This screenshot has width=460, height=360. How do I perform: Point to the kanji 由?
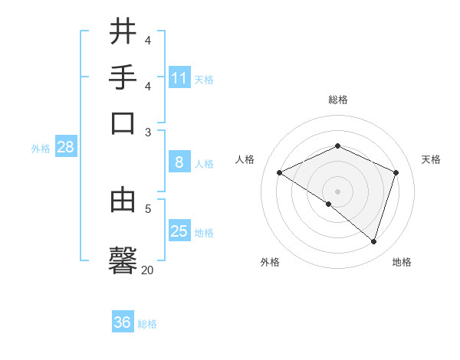click(x=123, y=200)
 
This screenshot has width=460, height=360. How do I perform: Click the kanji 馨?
click(x=123, y=258)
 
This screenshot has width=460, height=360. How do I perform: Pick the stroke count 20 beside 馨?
click(x=147, y=270)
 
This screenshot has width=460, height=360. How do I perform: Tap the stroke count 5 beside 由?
click(x=148, y=208)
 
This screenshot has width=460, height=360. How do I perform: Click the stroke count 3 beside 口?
click(x=148, y=132)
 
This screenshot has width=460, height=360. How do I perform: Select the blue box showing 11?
click(x=179, y=78)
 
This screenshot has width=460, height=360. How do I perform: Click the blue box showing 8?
click(x=179, y=162)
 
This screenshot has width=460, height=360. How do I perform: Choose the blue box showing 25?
click(x=179, y=231)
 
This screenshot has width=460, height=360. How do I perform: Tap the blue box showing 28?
click(x=65, y=148)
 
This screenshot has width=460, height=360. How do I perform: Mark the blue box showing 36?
click(x=123, y=322)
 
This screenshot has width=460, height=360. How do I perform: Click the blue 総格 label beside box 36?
click(x=147, y=324)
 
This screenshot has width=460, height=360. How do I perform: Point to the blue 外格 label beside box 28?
click(x=41, y=149)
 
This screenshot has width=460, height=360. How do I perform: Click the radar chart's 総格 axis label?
click(x=337, y=100)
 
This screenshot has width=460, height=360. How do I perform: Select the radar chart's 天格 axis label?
click(x=431, y=159)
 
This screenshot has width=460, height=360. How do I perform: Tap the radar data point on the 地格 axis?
click(x=374, y=241)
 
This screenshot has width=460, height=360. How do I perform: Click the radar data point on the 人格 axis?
click(x=280, y=172)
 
